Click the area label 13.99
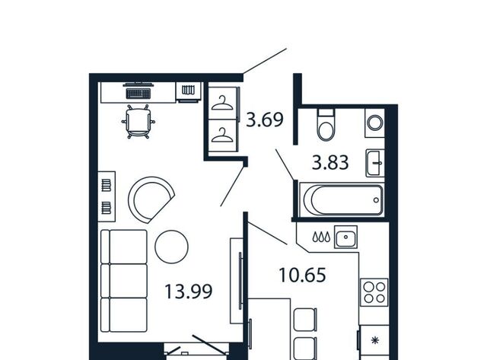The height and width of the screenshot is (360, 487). coord(188,292)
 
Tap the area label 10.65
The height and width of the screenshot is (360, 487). coord(303,275)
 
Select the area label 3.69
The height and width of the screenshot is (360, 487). coord(265,119)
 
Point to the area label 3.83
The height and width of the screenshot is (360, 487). coord(330,162)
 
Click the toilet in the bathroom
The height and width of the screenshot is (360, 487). coord(326,125)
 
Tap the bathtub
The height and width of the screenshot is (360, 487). coord(342,199)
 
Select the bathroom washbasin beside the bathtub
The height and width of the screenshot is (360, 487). coord(375,163)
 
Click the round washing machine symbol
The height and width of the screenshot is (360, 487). coord(375,123)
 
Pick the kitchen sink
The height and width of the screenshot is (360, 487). coord(345,237)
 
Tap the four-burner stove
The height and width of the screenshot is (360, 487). coord(374,292)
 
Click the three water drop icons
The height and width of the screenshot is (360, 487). coord(321,237)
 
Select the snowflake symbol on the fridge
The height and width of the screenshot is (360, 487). coord(375,341)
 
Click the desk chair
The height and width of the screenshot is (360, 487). coord(138,122)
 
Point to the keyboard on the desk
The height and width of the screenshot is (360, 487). coord(138,94)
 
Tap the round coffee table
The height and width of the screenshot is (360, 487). coord(171,247)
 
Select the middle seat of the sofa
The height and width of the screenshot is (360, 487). coord(124,281)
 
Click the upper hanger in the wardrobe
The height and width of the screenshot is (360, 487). coord(222,104)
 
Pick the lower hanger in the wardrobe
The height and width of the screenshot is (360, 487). coord(222,135)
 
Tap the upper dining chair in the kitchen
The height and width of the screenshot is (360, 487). coord(305,320)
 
